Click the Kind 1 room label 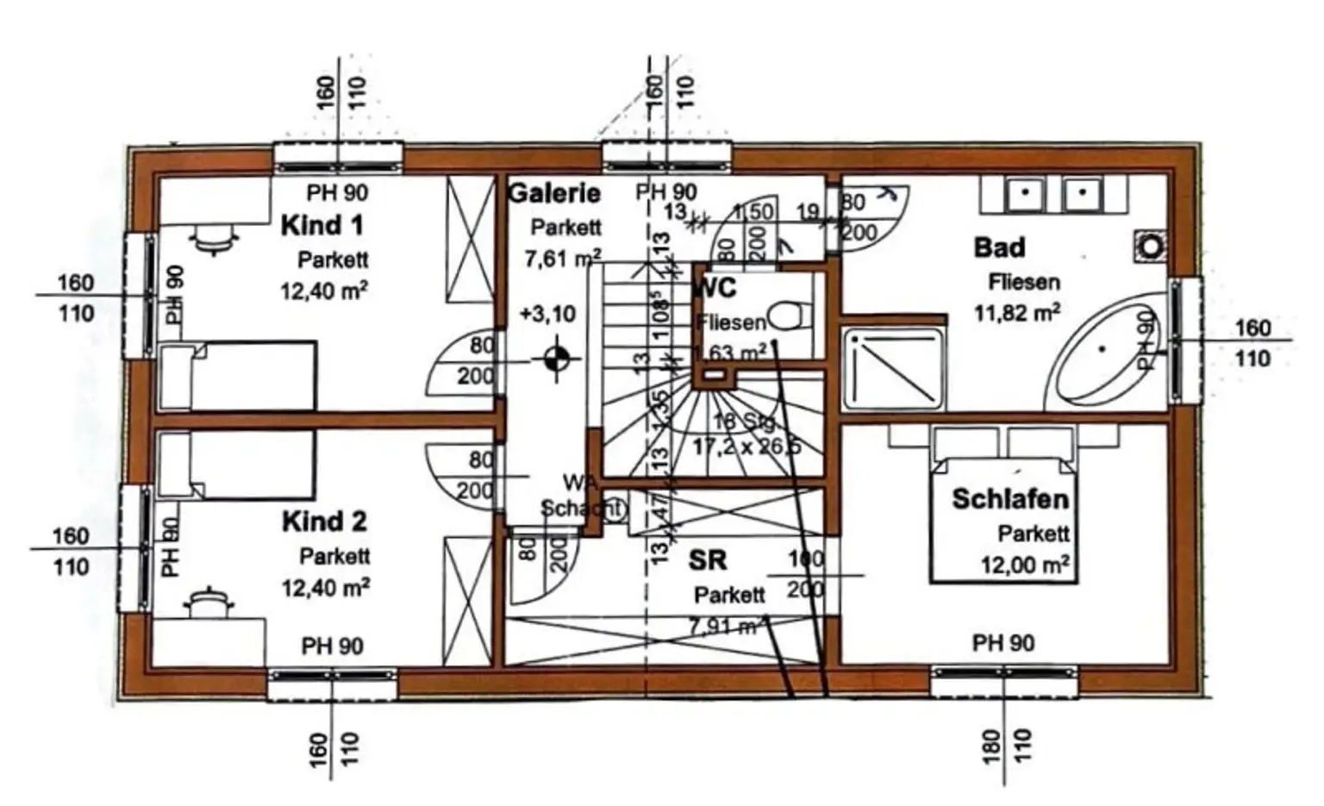[322, 226]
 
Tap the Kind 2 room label [324, 522]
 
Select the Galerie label [554, 192]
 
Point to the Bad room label [999, 247]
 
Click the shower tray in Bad [893, 367]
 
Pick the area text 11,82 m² [1017, 312]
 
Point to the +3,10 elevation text [548, 314]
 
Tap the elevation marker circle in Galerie [556, 357]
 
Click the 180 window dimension [991, 746]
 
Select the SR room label [708, 560]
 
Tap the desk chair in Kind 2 [208, 601]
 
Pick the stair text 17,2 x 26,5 [746, 447]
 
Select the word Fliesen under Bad [1024, 282]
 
